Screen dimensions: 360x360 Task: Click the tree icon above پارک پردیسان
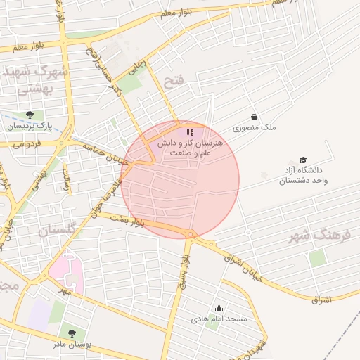pos(29,115)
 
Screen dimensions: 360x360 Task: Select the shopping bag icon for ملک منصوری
pos(253,117)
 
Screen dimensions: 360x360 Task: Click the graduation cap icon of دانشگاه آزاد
pos(303,160)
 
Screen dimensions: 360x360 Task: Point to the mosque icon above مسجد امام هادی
pos(219,307)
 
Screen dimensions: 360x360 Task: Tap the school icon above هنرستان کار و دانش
pos(189,131)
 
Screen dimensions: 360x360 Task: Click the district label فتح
pos(172,82)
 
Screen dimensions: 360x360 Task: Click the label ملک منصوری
pos(255,129)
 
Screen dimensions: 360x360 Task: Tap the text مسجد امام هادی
pos(219,319)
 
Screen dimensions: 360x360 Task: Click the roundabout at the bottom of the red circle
pos(189,233)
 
